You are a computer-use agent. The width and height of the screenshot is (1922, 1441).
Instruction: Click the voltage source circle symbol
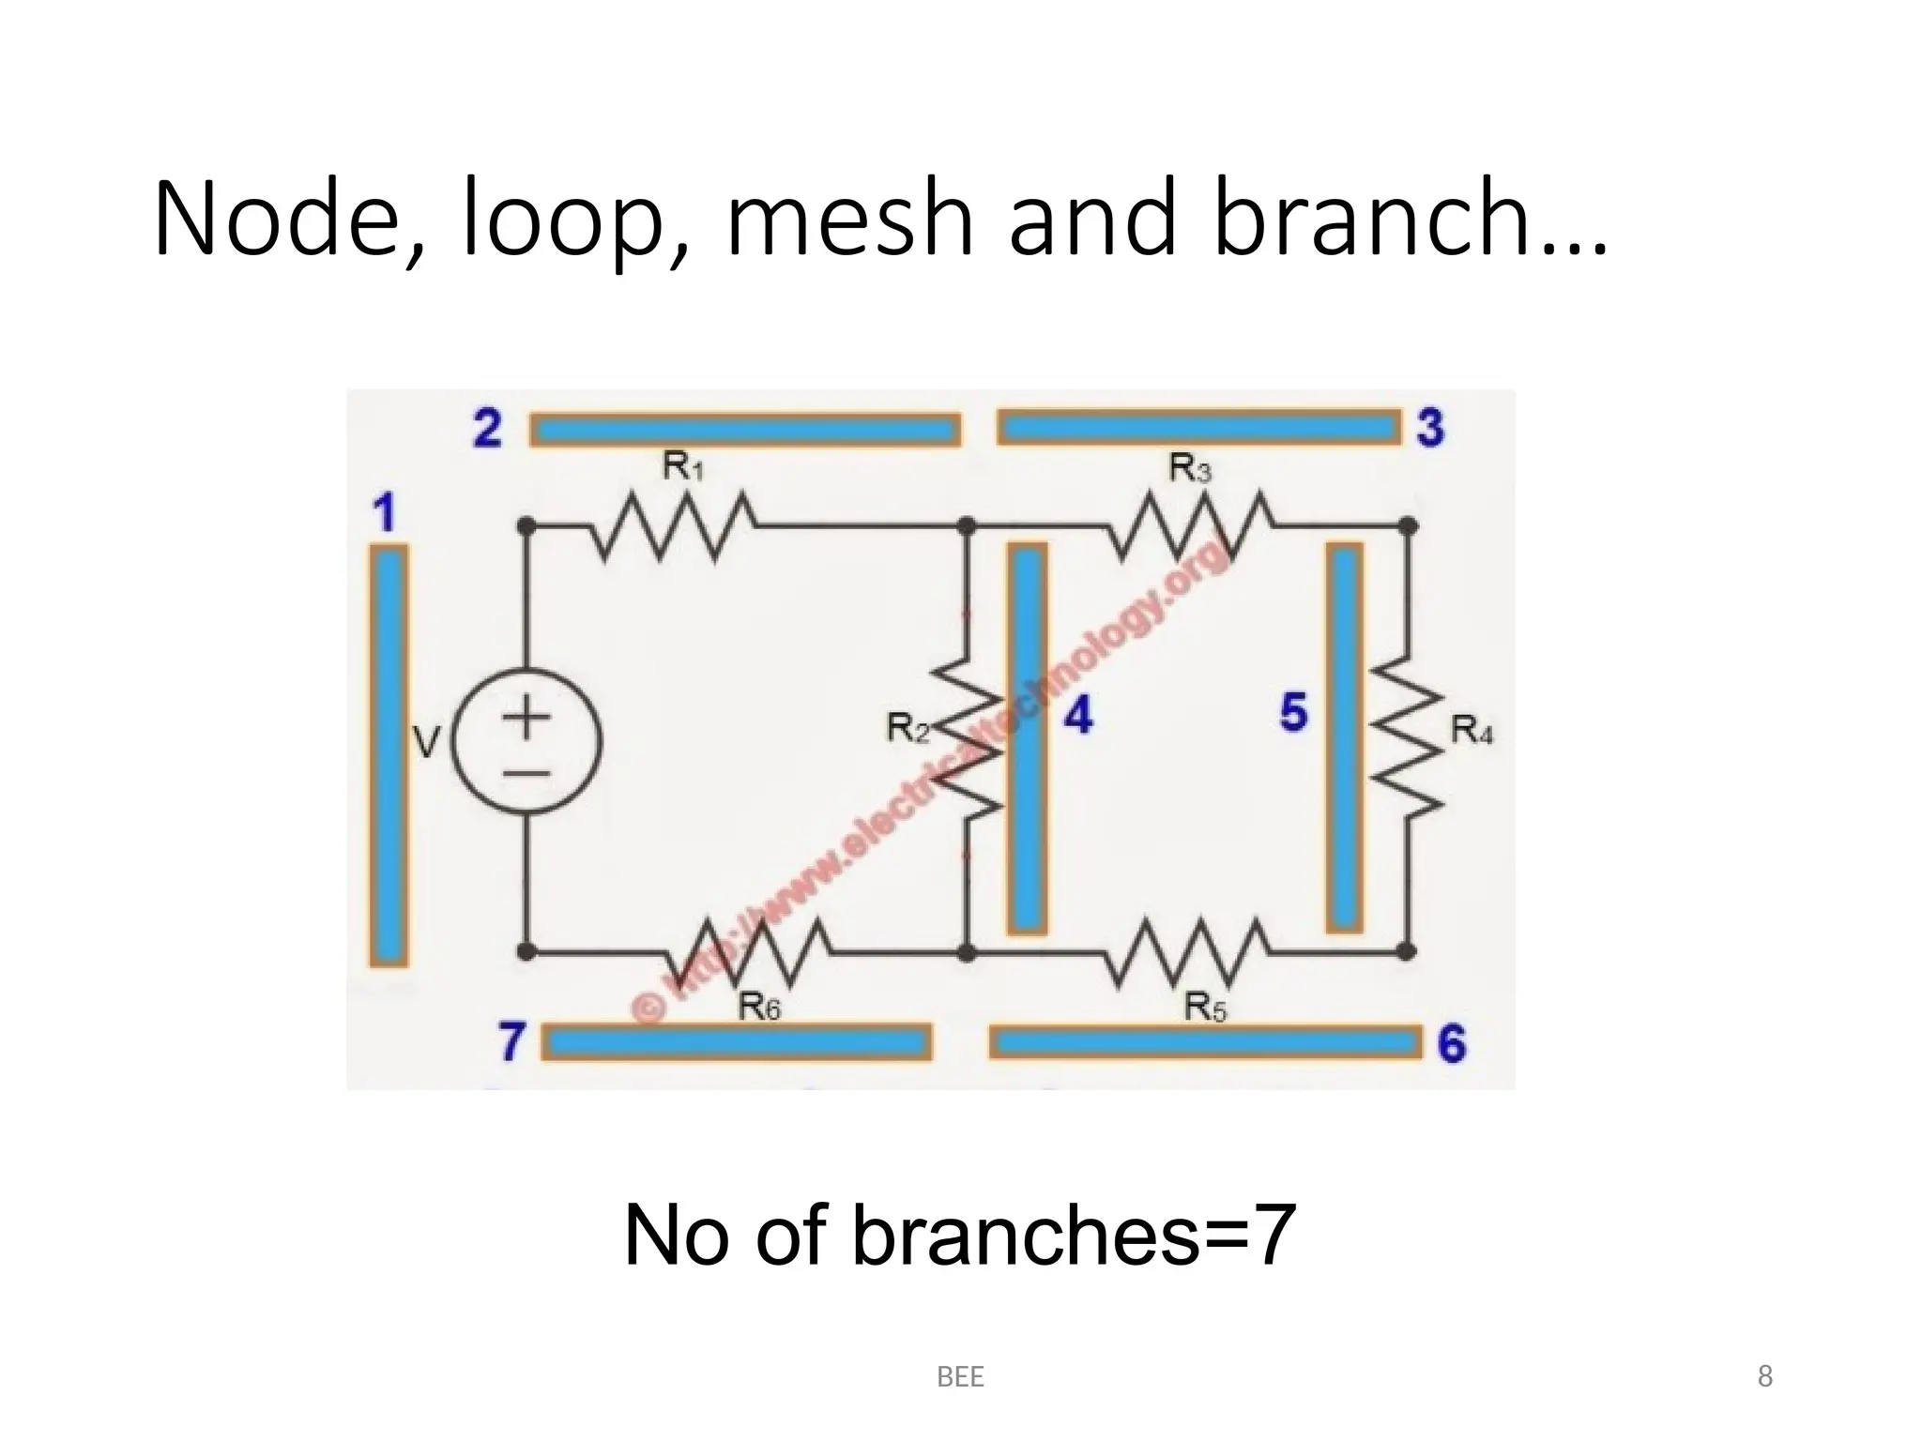pyautogui.click(x=526, y=743)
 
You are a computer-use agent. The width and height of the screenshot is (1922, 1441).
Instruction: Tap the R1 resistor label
pyautogui.click(x=682, y=466)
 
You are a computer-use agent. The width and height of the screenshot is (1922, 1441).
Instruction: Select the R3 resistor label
pyautogui.click(x=1190, y=467)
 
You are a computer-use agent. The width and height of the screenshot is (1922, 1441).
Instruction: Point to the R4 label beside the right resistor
pyautogui.click(x=1471, y=729)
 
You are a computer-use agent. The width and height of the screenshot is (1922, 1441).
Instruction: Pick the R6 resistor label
pyautogui.click(x=759, y=1008)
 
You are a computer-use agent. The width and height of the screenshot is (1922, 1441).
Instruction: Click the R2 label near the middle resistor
pyautogui.click(x=908, y=727)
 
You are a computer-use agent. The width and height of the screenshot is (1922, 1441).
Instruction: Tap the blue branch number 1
pyautogui.click(x=384, y=513)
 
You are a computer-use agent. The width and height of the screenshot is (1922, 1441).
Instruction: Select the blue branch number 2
pyautogui.click(x=487, y=430)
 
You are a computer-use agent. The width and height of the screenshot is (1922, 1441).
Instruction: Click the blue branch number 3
pyautogui.click(x=1429, y=428)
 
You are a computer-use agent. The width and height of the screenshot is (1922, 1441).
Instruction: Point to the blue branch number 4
pyautogui.click(x=1078, y=716)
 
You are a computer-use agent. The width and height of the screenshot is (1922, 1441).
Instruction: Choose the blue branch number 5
pyautogui.click(x=1293, y=712)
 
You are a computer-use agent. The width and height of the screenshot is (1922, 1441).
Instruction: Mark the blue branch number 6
pyautogui.click(x=1451, y=1043)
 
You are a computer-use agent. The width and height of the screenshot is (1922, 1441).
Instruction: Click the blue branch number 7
pyautogui.click(x=511, y=1041)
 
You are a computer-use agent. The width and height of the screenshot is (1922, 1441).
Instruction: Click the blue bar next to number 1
pyautogui.click(x=389, y=755)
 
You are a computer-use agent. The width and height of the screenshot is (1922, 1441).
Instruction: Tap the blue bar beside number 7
pyautogui.click(x=737, y=1042)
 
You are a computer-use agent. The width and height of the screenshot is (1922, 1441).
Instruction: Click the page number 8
pyautogui.click(x=1764, y=1376)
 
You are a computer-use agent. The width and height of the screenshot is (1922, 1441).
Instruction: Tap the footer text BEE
pyautogui.click(x=960, y=1377)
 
